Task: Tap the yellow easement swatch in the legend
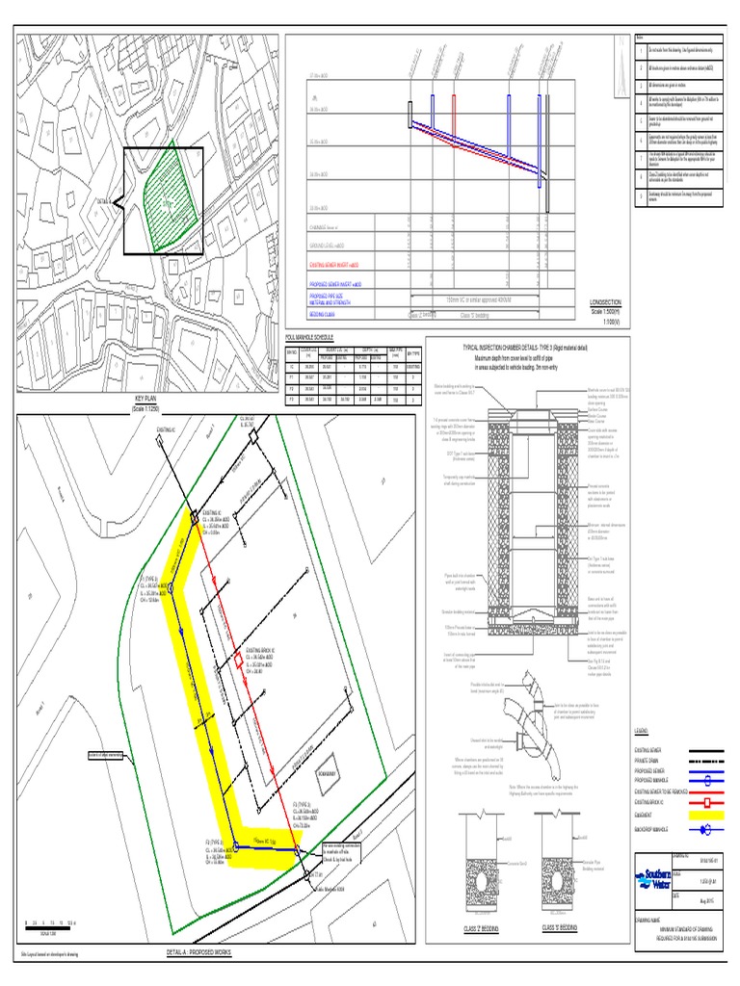pyautogui.click(x=704, y=814)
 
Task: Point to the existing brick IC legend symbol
pyautogui.click(x=704, y=801)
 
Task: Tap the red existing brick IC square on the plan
pyautogui.click(x=238, y=662)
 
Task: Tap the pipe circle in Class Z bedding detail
pyautogui.click(x=485, y=858)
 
